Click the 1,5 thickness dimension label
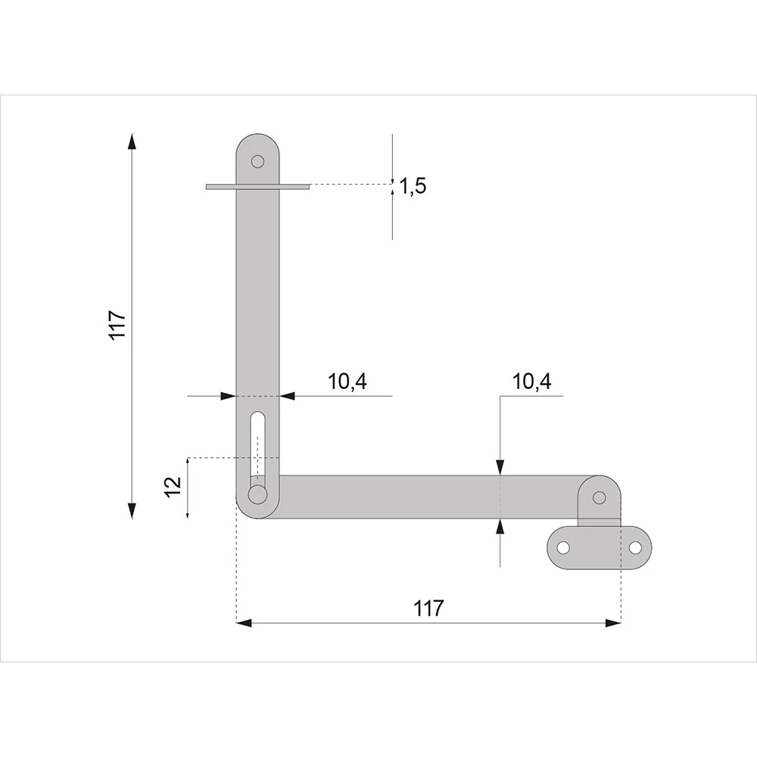click(413, 186)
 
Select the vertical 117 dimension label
click(118, 326)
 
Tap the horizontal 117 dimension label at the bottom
click(428, 609)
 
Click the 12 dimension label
click(173, 486)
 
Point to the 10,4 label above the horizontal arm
click(531, 382)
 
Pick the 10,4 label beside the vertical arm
click(347, 382)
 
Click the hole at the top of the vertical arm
click(258, 160)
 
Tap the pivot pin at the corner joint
click(258, 494)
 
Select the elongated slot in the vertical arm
click(258, 447)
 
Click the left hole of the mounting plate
click(563, 548)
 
